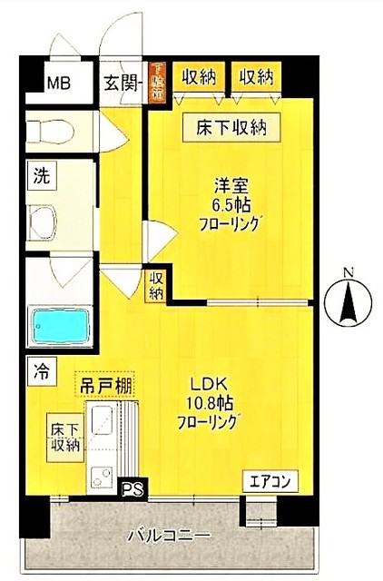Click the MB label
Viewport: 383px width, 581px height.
coord(58,84)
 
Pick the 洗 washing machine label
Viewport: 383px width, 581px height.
coord(41,176)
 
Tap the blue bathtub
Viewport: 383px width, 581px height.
coord(57,324)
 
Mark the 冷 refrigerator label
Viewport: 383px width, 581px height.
coord(41,369)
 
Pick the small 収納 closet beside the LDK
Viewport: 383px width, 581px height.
coord(156,286)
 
